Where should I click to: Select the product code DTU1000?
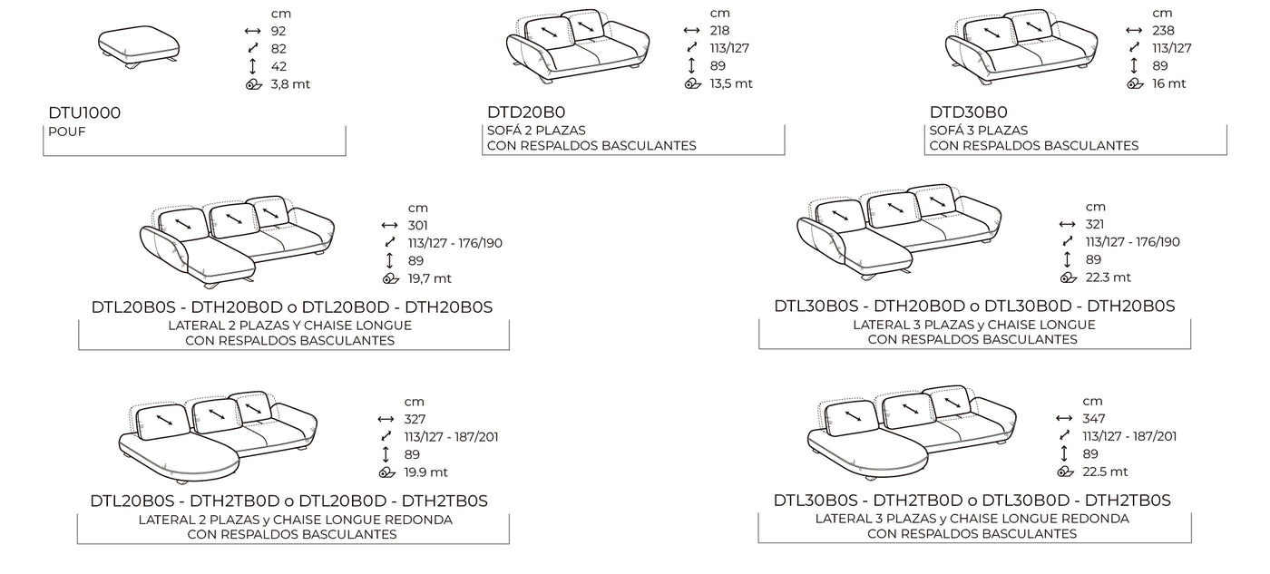[x=84, y=112]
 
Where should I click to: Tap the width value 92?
[x=278, y=31]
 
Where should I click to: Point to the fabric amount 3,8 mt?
[x=290, y=84]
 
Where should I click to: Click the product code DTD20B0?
[x=526, y=112]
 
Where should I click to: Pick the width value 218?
[x=720, y=31]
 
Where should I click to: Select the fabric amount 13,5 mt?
[x=731, y=83]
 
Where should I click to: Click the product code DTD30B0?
[x=969, y=112]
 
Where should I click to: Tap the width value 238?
[x=1163, y=31]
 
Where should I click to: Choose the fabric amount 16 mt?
[x=1169, y=83]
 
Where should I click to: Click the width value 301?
[x=418, y=226]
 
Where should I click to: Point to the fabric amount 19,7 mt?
[x=430, y=278]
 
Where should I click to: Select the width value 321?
[x=1096, y=224]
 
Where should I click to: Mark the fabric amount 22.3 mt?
[x=1109, y=277]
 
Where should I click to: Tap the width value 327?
[x=415, y=419]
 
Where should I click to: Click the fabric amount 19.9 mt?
[x=425, y=472]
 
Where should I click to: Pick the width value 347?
[x=1094, y=419]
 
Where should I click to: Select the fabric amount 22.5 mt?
[x=1106, y=472]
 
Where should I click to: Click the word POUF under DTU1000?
[x=67, y=131]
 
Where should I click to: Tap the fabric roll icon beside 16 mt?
[x=1135, y=83]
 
